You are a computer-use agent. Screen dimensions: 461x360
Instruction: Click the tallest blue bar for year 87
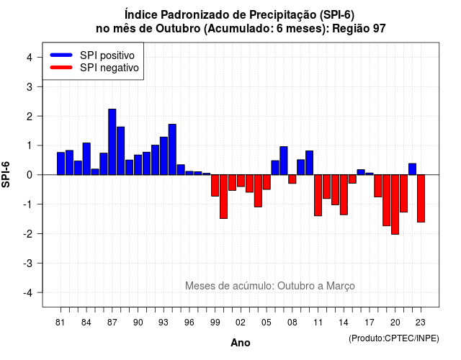coord(112,142)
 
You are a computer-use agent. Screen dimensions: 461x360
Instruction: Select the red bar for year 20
coord(395,204)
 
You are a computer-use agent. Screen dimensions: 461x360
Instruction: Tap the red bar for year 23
coord(421,199)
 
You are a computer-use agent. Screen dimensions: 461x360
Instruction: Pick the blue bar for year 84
coord(86,158)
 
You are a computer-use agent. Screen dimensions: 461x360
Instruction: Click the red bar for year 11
coord(318,195)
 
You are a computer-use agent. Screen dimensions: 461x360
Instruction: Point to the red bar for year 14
coord(344,195)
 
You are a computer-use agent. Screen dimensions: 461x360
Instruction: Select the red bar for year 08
coord(292,179)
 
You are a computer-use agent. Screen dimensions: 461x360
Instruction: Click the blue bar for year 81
coord(61,163)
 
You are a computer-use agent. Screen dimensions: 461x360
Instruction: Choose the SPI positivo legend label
coord(107,55)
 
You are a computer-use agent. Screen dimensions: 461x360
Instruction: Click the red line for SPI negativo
coord(61,68)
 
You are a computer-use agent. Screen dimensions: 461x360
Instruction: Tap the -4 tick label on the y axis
coord(29,293)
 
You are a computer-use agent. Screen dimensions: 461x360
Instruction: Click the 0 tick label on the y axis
coord(30,175)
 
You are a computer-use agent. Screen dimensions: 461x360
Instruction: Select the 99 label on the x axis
coord(215,323)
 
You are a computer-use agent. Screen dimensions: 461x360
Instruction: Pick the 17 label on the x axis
coord(370,323)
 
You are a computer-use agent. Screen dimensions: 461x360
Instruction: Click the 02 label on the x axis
coord(241,323)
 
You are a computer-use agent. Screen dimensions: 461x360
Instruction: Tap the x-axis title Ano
coord(241,343)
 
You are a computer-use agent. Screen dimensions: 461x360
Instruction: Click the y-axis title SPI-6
coord(6,174)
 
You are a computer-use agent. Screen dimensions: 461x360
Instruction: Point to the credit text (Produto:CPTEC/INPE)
coord(394,338)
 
